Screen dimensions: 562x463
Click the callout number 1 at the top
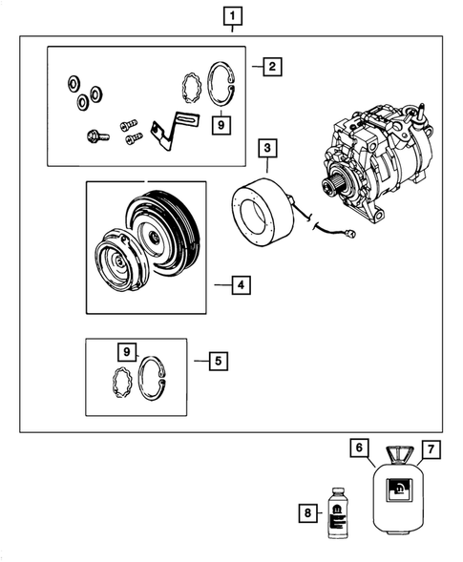point(231,16)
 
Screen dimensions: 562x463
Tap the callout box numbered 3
point(268,149)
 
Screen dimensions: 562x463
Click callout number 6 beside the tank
point(358,448)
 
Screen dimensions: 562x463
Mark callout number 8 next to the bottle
point(306,513)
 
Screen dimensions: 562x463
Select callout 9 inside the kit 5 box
point(126,352)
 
